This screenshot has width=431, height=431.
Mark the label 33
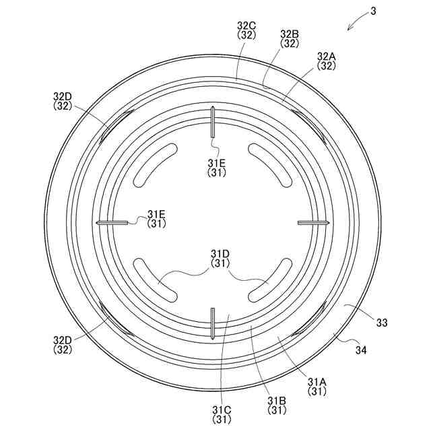click(382, 323)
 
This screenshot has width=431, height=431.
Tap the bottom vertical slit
click(213, 323)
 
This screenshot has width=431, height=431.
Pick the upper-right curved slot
click(270, 165)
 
